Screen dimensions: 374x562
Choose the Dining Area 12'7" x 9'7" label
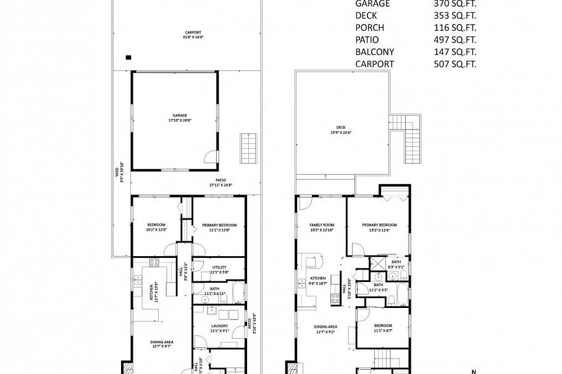coord(162,344)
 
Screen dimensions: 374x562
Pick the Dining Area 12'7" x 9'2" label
coord(324,328)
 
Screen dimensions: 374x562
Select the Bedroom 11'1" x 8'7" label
coord(382,328)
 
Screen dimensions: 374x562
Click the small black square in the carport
coord(128,57)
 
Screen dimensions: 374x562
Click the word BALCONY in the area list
coord(374,52)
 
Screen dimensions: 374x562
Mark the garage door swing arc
coord(211,157)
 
